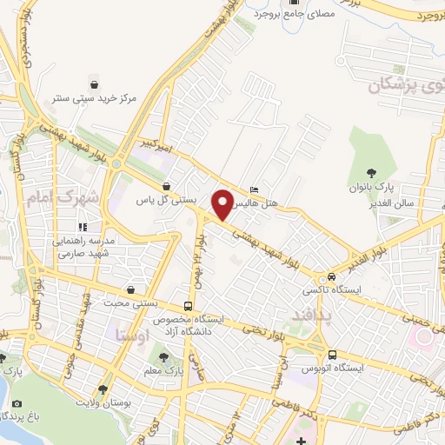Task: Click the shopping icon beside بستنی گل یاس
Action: coord(166,186)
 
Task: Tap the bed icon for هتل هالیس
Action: coord(254,189)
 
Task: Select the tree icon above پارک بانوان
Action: coord(371,172)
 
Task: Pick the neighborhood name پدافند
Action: coord(309,317)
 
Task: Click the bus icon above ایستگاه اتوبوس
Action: coord(333,355)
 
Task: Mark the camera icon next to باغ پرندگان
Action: coord(17,403)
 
